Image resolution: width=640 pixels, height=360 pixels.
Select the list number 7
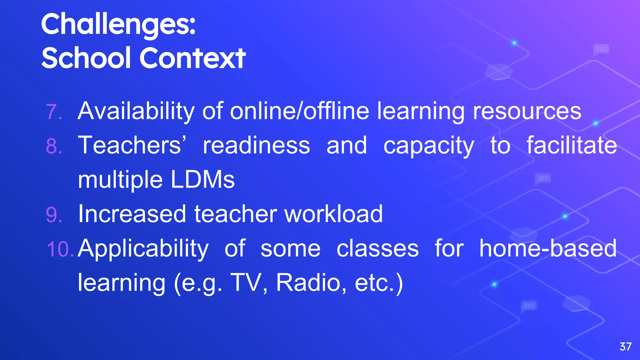[53, 112]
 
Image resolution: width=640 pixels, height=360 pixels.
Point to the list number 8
[54, 146]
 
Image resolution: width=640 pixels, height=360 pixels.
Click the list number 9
[54, 215]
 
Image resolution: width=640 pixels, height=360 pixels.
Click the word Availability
[136, 111]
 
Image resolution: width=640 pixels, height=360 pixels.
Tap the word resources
[527, 111]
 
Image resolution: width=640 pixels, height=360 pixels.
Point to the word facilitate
[572, 145]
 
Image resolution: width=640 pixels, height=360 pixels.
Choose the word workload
[333, 214]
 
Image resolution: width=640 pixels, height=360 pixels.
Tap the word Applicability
[143, 249]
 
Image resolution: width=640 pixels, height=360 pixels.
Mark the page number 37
[625, 347]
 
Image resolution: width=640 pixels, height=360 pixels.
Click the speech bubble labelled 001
[601, 49]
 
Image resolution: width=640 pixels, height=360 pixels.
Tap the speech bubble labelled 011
[543, 178]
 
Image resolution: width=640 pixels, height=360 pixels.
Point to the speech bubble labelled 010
[529, 306]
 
